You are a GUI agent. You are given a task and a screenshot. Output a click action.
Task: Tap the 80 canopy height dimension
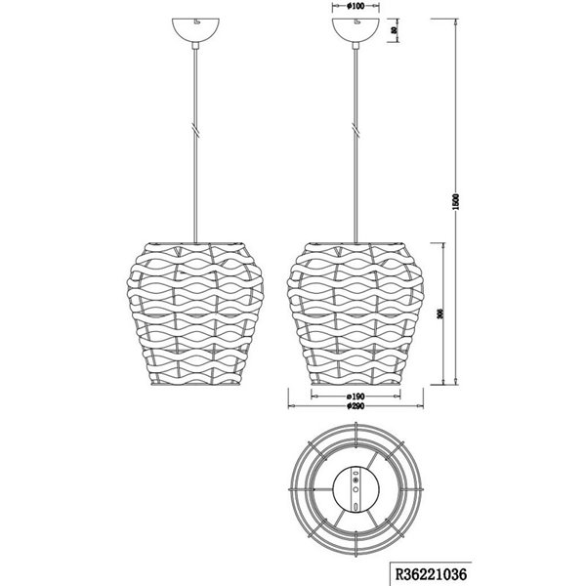(395, 29)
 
